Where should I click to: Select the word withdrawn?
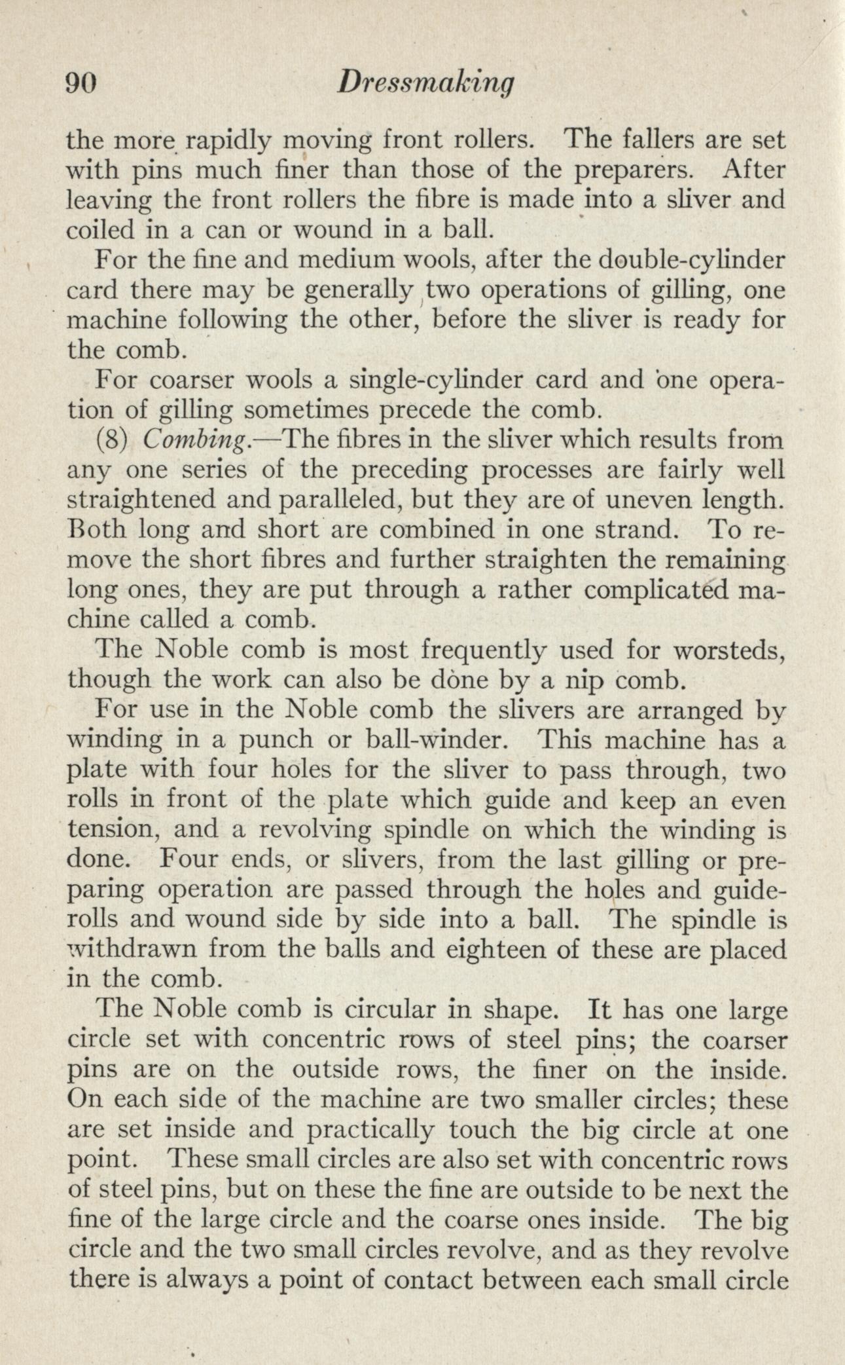click(148, 949)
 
